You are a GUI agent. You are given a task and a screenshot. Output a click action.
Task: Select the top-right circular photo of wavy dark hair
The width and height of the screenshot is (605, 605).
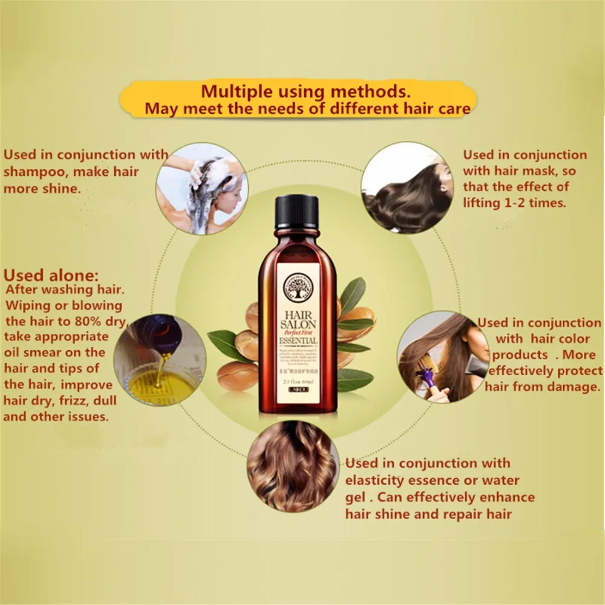tap(407, 188)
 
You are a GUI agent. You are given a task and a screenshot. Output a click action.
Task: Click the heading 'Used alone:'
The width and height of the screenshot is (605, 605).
tap(51, 275)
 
